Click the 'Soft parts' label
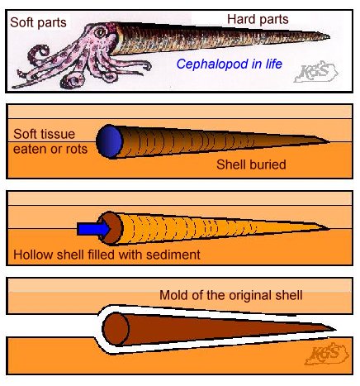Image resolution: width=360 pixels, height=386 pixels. coord(38,22)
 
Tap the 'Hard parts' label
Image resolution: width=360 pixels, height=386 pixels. coord(258,20)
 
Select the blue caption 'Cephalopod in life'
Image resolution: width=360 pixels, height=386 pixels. coord(230,64)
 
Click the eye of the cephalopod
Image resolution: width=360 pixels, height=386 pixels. coord(100,32)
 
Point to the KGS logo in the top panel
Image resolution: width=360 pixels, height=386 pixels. coord(316,72)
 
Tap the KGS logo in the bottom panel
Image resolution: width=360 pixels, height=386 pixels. coord(327,354)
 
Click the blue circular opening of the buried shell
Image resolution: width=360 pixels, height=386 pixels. coord(109,141)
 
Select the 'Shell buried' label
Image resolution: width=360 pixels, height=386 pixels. coord(251,164)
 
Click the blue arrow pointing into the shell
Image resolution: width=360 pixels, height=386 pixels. coord(93,229)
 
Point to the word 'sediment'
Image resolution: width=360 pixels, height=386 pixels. coord(173,255)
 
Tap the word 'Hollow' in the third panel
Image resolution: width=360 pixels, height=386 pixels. coord(33,255)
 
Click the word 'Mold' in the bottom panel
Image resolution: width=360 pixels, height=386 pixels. coord(172,295)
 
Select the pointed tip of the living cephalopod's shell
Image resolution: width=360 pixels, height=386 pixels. coord(329,36)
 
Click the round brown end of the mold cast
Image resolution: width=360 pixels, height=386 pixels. coord(116,329)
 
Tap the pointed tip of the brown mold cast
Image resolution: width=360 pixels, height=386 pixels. coord(336,329)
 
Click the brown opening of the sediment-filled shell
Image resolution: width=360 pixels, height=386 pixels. coord(111,228)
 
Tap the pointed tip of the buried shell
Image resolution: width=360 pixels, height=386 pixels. coord(329,141)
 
